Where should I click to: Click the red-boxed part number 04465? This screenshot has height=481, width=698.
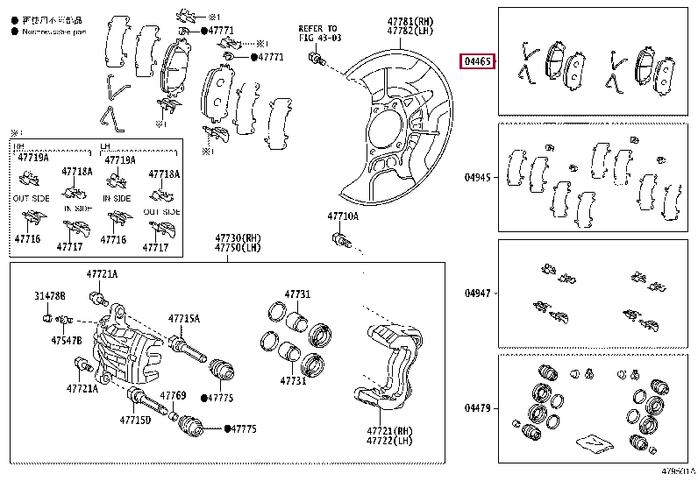tap(479, 61)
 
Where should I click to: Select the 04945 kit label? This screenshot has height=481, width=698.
tap(479, 177)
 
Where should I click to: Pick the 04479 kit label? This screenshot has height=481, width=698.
tap(479, 407)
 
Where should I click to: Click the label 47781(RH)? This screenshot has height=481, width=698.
tap(410, 20)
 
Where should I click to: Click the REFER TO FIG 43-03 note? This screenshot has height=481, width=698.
tap(317, 33)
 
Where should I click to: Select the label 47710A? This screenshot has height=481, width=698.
tap(343, 215)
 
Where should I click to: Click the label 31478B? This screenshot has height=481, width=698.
tap(50, 295)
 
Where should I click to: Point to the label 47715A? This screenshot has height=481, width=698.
tap(185, 318)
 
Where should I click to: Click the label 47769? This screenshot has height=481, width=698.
tap(174, 396)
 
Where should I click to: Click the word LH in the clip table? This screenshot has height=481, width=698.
tap(105, 147)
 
